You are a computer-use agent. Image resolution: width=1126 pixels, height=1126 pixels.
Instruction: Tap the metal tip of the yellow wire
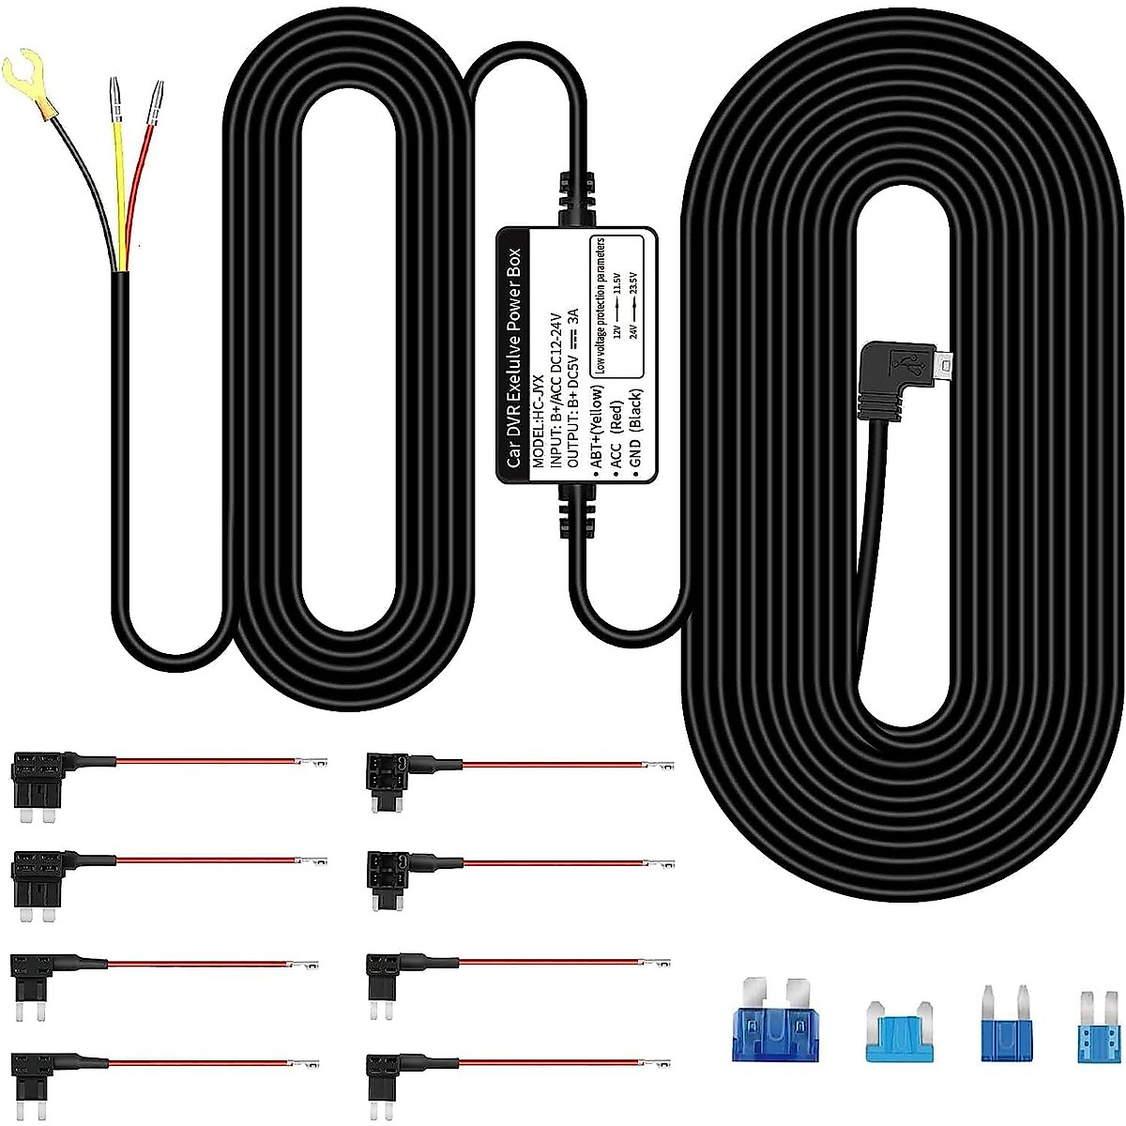click(x=114, y=99)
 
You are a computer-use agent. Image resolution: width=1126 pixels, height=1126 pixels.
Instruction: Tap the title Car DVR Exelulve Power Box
click(x=512, y=358)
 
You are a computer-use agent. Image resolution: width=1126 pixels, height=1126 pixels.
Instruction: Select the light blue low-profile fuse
click(x=900, y=1032)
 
